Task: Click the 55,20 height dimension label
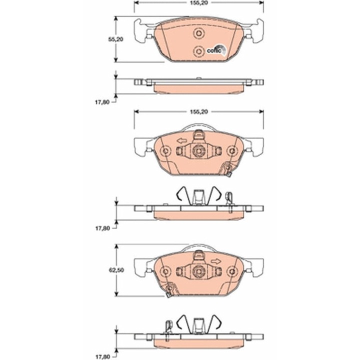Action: pyautogui.click(x=116, y=39)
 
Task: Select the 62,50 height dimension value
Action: pyautogui.click(x=116, y=270)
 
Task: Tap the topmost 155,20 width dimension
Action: pyautogui.click(x=199, y=3)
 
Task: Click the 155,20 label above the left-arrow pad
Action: pyautogui.click(x=199, y=112)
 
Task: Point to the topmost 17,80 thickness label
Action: pyautogui.click(x=102, y=102)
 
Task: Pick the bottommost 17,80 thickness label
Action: pyautogui.click(x=102, y=357)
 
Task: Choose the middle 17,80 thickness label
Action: pyautogui.click(x=102, y=228)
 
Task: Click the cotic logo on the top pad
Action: pyautogui.click(x=216, y=50)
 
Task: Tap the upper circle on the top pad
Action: pyautogui.click(x=198, y=33)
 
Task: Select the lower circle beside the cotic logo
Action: pyautogui.click(x=198, y=51)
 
